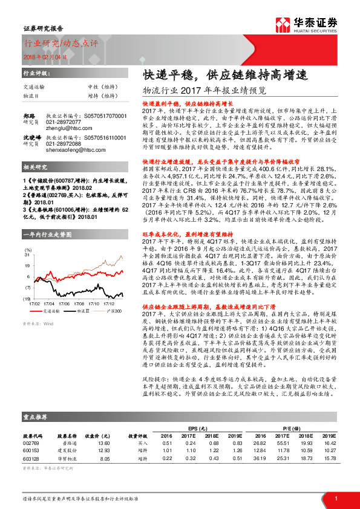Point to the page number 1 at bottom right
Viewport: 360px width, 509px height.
(x=336, y=498)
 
